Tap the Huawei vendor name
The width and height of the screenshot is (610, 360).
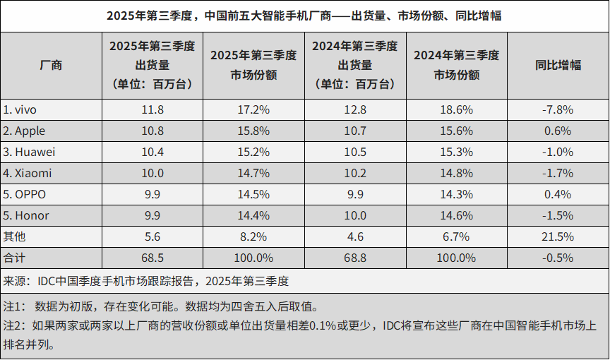point(30,152)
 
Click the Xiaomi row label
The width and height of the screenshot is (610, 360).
point(28,173)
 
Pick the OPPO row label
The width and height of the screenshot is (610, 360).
point(26,194)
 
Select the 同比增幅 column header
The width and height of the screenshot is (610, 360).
point(558,65)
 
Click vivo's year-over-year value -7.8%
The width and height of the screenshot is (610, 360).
point(558,110)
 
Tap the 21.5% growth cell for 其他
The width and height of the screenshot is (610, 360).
point(558,236)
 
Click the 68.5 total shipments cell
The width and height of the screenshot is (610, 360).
point(152,258)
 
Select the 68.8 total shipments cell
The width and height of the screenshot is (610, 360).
point(354,258)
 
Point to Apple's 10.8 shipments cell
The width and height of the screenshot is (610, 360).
point(152,131)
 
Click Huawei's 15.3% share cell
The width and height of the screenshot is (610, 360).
point(456,152)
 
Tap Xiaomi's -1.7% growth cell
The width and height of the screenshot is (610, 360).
point(558,173)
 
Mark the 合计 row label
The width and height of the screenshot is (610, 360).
point(14,258)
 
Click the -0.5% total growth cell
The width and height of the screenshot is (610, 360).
point(558,258)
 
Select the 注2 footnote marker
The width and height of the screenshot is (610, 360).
point(13,327)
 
